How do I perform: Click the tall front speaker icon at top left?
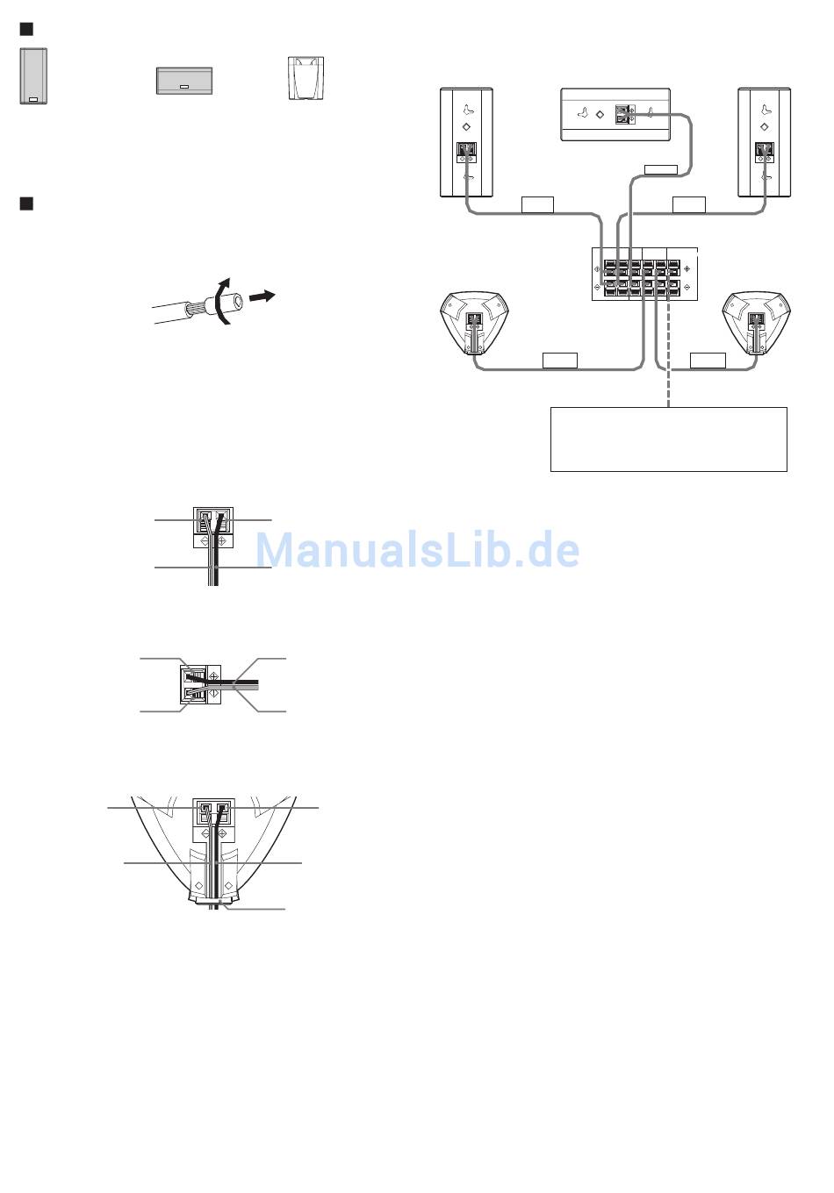coord(33,76)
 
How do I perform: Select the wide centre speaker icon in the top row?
coord(184,81)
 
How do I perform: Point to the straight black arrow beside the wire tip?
coord(262,297)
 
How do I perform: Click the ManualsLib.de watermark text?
coord(418,551)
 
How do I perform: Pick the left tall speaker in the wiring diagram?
coord(466,142)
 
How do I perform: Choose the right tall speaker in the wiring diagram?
coord(765,142)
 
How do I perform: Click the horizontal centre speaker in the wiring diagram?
coord(615,114)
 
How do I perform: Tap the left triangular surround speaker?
coord(473,322)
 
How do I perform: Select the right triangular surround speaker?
coord(758,322)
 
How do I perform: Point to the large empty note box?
coord(668,439)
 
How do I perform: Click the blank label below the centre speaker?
coord(661,168)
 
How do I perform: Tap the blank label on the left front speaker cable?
coord(537,205)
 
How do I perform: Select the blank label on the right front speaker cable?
coord(689,205)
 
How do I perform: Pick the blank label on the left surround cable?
coord(560,360)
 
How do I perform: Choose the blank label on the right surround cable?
coord(708,360)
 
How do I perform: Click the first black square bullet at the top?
coord(26,30)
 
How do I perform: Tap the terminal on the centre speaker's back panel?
coord(624,115)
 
